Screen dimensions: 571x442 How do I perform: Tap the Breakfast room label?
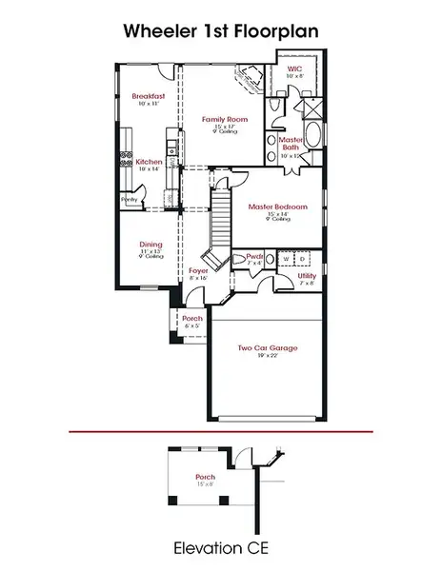click(x=150, y=96)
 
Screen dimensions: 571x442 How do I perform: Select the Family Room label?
click(x=219, y=119)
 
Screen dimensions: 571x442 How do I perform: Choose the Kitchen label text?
click(x=148, y=162)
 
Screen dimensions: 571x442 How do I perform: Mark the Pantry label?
click(x=129, y=199)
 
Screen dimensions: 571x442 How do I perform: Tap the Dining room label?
click(x=151, y=244)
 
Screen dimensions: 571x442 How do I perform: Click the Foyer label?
click(x=197, y=271)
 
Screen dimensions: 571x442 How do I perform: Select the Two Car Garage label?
click(x=267, y=348)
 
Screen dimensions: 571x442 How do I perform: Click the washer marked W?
click(x=284, y=257)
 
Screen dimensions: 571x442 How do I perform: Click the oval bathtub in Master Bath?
click(x=315, y=151)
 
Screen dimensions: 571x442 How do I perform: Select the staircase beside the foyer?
click(x=221, y=219)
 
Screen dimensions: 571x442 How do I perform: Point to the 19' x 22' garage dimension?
click(x=267, y=358)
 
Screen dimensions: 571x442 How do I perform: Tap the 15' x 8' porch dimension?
click(x=206, y=484)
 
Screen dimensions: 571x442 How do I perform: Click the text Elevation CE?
click(x=220, y=549)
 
